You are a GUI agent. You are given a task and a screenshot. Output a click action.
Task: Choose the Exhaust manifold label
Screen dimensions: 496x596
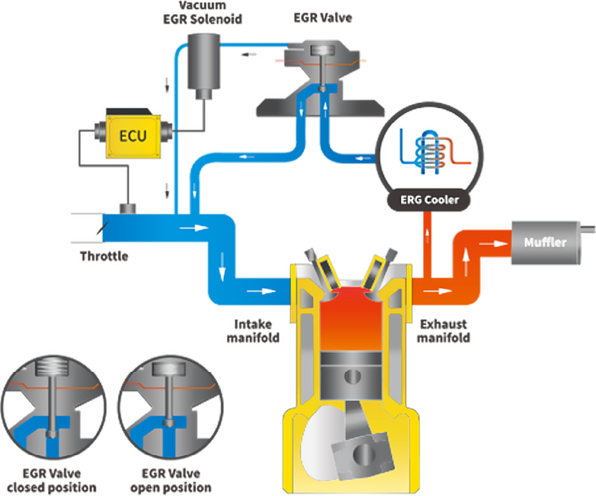(x=445, y=331)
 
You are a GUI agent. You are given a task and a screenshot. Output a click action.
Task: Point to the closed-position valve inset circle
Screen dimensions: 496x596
(x=50, y=406)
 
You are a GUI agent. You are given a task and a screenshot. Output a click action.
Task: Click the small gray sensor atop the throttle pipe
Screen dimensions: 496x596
(x=129, y=209)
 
